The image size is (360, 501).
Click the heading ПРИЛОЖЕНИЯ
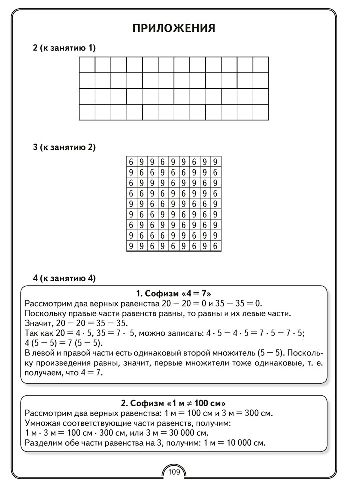point(174,28)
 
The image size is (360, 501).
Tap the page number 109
point(174,471)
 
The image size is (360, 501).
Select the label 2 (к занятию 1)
point(64,48)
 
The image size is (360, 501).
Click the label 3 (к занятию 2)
point(64,147)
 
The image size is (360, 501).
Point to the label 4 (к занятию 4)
point(64,277)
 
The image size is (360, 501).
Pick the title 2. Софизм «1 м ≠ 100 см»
point(173,403)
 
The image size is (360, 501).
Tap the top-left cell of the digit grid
point(131,162)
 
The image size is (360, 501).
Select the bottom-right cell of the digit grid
point(215,246)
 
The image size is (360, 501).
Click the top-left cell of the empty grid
point(87,65)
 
